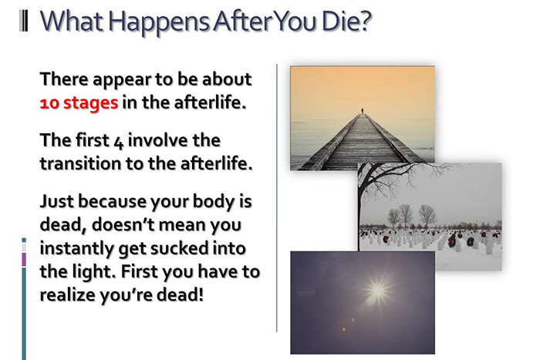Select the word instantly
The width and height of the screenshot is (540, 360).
point(76,249)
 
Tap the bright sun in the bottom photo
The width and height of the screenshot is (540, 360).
point(377,291)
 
